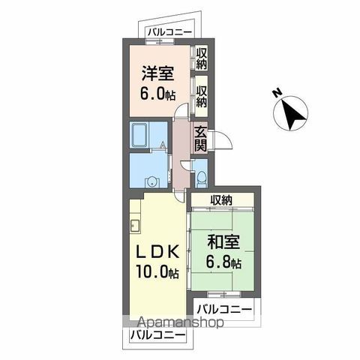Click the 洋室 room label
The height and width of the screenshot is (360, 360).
coord(157,73)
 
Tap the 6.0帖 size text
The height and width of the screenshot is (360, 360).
coord(157,94)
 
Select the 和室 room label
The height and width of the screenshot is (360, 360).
coord(223,242)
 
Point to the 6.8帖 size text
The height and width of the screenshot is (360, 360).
coord(223,262)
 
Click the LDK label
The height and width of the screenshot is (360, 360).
coord(157,251)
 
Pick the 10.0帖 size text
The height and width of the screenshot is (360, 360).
coord(157,271)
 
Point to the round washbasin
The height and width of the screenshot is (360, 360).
coord(151,181)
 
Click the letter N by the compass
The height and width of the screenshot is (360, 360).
coord(277,93)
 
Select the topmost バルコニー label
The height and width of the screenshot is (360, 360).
coord(169,32)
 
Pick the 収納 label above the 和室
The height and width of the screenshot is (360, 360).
coord(221,200)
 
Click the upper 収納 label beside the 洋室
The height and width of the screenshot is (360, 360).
coord(201,58)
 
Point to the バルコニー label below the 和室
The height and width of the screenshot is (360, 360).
coord(224,310)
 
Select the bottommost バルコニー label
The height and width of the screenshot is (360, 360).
coord(157,335)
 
